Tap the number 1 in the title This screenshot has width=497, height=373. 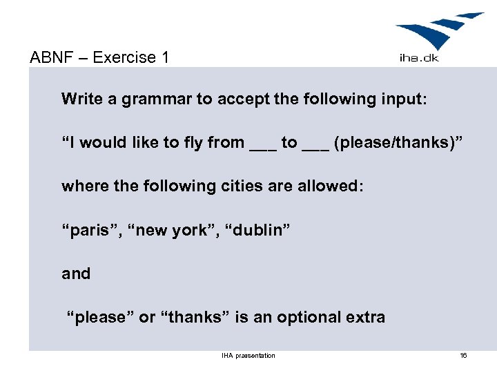(164, 57)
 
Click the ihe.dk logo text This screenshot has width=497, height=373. (419, 58)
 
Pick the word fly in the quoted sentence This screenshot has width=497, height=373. (193, 143)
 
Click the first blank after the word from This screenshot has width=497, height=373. (262, 145)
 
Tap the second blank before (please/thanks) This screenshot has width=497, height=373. (315, 145)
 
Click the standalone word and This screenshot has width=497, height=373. (76, 274)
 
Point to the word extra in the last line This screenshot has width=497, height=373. (364, 318)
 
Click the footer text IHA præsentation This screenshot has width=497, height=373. (248, 356)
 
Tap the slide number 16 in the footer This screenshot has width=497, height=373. (463, 356)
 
